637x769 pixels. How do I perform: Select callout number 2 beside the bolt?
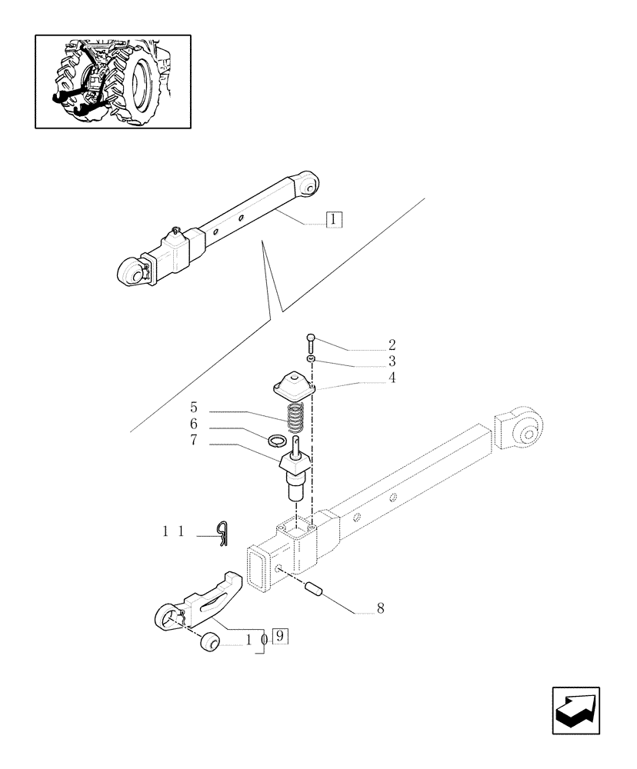click(392, 345)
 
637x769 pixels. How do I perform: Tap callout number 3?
click(392, 361)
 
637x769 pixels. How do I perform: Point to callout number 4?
click(392, 378)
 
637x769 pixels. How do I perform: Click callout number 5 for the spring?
click(194, 408)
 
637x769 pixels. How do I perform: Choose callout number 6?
click(194, 424)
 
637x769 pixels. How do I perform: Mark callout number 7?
click(194, 441)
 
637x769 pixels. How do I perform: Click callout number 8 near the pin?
click(380, 608)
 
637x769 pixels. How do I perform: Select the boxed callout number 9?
click(280, 636)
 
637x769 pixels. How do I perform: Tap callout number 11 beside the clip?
click(172, 531)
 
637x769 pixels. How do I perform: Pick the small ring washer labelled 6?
click(278, 441)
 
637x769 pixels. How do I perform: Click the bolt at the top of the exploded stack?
click(309, 344)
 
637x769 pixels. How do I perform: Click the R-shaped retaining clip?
click(222, 531)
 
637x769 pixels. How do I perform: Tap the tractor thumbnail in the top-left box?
click(113, 81)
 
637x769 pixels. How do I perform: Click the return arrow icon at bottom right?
click(576, 711)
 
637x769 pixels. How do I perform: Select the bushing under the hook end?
click(207, 643)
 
